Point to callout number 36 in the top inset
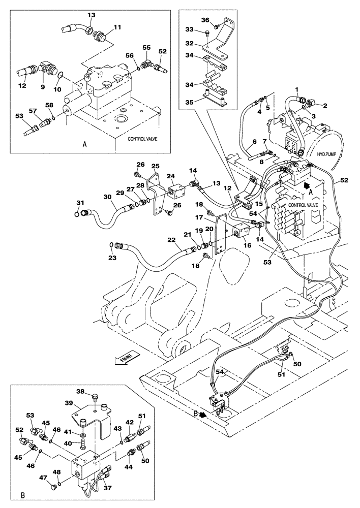205,20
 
